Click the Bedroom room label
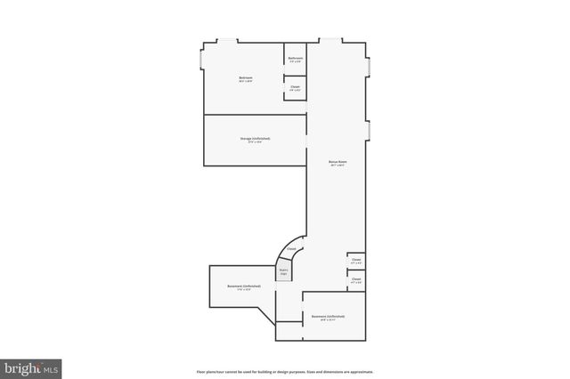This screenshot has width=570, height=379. pos(246,78)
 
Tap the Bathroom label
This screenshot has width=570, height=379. pos(296,59)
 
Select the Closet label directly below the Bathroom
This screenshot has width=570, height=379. pos(295,86)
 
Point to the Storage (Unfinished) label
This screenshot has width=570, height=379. pos(255,139)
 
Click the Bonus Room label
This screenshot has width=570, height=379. pos(337,162)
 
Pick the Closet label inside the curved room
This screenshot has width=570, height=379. pos(291,250)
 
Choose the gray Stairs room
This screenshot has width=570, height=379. pos(284,272)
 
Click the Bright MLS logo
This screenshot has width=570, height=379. pos(31,367)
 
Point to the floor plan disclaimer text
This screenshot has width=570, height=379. pos(284,371)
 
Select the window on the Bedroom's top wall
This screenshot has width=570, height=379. pos(229,41)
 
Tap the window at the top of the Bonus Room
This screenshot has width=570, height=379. pos(330,41)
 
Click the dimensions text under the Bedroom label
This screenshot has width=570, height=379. pos(246,82)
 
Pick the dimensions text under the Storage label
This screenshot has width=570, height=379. pos(255,142)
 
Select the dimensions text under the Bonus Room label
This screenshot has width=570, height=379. pos(337,165)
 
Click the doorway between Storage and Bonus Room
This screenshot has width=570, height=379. pos(307,141)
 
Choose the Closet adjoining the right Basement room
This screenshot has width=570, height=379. pos(356,280)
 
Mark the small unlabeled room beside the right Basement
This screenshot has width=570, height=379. pos(289,330)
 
